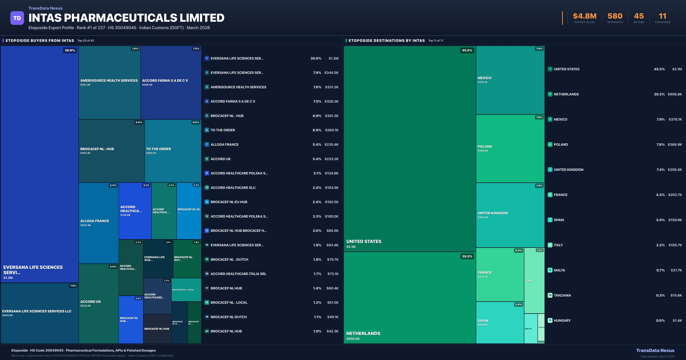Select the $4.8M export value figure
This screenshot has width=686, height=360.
tap(585, 16)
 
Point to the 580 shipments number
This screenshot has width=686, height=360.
tap(615, 16)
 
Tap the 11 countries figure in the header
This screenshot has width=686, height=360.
tap(662, 16)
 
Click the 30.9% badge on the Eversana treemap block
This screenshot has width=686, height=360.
tap(70, 50)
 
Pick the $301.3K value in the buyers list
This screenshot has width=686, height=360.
tap(332, 116)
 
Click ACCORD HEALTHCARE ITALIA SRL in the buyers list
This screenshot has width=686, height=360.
tap(238, 274)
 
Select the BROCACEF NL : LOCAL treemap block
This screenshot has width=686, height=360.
tap(186, 290)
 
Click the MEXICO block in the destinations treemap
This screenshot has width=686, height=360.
tap(510, 80)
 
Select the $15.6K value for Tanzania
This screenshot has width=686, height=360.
tap(676, 295)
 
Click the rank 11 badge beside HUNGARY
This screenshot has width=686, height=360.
tap(550, 320)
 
